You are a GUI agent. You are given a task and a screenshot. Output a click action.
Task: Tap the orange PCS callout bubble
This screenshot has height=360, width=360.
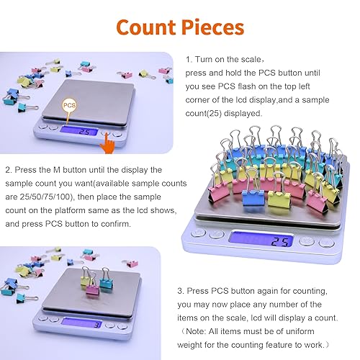tap(69, 104)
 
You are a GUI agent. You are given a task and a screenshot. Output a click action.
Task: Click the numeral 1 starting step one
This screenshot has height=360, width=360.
tap(188, 59)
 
